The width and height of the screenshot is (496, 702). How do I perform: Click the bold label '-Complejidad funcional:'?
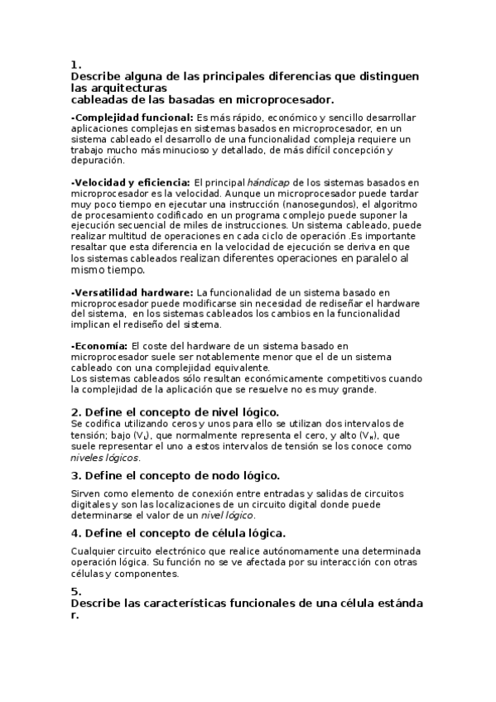tap(133, 118)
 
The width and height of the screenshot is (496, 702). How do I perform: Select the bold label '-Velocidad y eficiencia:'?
tap(131, 181)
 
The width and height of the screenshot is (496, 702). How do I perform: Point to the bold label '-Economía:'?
tap(99, 345)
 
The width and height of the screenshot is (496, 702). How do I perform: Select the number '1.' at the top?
tap(75, 64)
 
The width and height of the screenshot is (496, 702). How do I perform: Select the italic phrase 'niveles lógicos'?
tap(105, 457)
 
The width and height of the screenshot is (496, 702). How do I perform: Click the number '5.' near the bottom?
tap(75, 590)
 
